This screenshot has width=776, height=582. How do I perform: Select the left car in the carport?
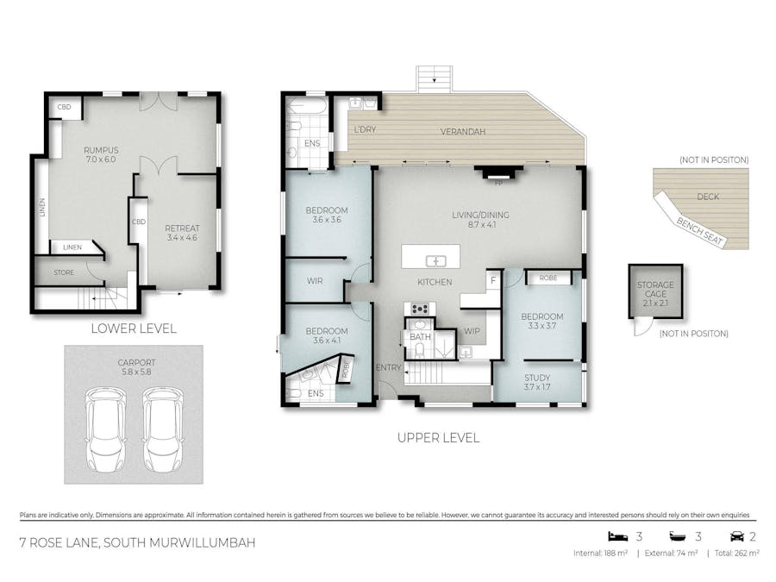103,429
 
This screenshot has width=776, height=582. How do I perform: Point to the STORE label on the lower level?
64,272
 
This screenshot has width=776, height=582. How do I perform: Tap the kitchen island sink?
437,260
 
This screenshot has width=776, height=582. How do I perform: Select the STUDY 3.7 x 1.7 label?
536,382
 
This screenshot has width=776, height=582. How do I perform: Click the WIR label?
315,281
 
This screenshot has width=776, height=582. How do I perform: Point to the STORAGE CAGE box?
654,291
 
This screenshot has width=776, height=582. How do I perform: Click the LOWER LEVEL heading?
133,329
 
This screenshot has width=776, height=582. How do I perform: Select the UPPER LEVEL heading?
437,437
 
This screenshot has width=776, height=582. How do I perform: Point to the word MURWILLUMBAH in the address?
192,543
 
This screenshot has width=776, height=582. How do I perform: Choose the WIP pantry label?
472,330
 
